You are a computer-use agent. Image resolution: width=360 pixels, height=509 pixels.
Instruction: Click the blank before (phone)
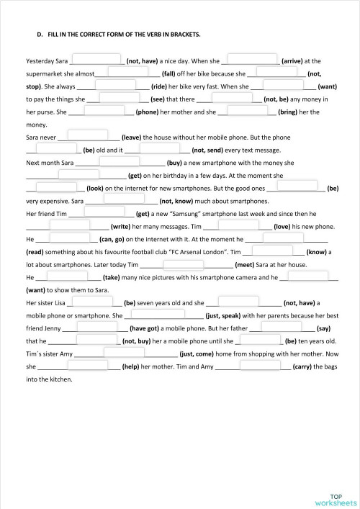coord(102,111)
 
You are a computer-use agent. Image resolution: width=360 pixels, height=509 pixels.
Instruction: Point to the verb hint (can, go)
coord(112,238)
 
